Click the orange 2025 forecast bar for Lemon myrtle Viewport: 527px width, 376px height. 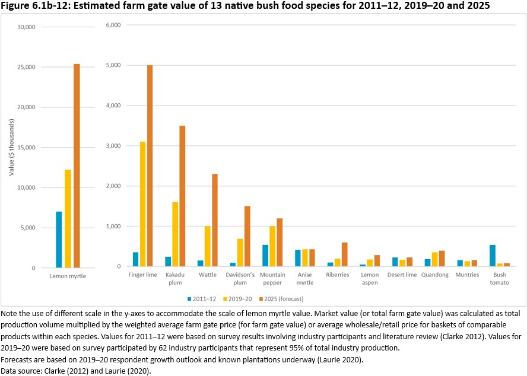pyautogui.click(x=77, y=166)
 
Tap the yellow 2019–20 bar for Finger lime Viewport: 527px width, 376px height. pyautogui.click(x=142, y=205)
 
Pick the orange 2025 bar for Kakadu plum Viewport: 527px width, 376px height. pyautogui.click(x=182, y=196)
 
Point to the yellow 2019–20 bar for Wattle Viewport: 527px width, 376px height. pyautogui.click(x=207, y=247)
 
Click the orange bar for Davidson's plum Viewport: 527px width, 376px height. pyautogui.click(x=247, y=237)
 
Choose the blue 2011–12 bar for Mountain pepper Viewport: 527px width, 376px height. pyautogui.click(x=265, y=256)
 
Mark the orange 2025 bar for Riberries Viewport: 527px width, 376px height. pyautogui.click(x=344, y=254)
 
